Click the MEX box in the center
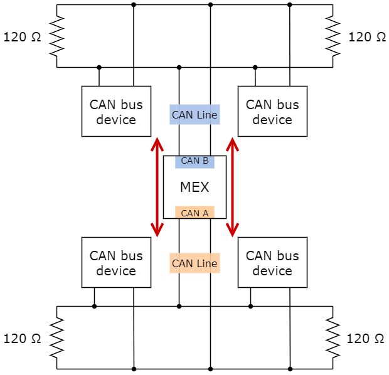tap(194, 187)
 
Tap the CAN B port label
tap(194, 161)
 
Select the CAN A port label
tap(194, 213)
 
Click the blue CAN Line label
tap(194, 115)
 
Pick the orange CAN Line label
tap(194, 263)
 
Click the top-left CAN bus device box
tap(116, 112)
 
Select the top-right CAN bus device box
tap(272, 112)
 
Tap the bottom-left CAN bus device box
tap(116, 263)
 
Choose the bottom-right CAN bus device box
tap(272, 263)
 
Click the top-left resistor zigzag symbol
tap(57, 36)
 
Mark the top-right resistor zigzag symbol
tap(332, 36)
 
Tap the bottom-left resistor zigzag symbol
tap(57, 337)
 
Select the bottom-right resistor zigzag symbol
tap(332, 337)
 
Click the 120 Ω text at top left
tap(23, 36)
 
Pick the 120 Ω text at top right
tap(367, 36)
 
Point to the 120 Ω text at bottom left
tap(23, 339)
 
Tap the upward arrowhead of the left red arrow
tap(157, 145)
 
